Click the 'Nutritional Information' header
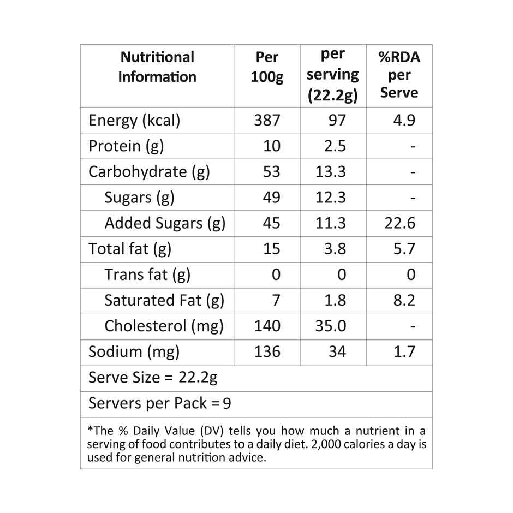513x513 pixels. click(x=157, y=67)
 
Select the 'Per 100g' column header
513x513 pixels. click(x=267, y=67)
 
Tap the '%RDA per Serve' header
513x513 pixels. click(x=399, y=74)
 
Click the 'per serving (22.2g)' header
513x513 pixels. click(x=332, y=75)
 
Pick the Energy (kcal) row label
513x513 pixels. click(x=134, y=120)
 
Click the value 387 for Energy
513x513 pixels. click(x=267, y=120)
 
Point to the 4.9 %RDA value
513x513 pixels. click(x=404, y=120)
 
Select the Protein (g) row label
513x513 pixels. click(x=126, y=146)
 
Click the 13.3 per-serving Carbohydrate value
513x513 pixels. click(x=331, y=171)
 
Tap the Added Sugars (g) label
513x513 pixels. click(x=165, y=223)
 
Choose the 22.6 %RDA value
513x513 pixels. click(x=400, y=223)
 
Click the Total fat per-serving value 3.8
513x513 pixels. click(x=335, y=249)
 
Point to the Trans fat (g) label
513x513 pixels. click(x=147, y=275)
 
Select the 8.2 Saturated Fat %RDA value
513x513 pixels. click(x=404, y=300)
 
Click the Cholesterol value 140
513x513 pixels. click(x=267, y=326)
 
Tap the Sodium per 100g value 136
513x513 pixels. click(x=267, y=351)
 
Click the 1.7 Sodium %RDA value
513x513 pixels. click(x=404, y=351)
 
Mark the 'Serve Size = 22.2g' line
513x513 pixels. click(x=153, y=378)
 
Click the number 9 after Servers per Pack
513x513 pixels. click(x=227, y=404)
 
